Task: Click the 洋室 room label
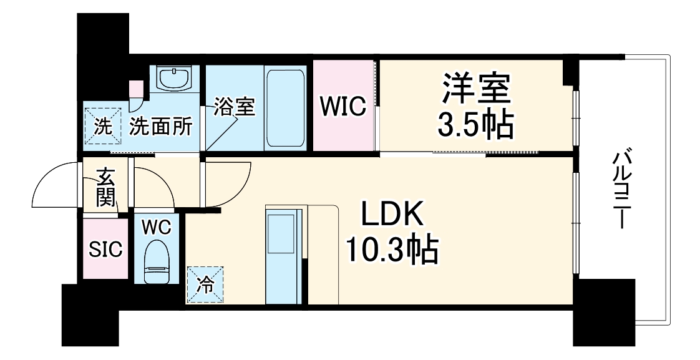click(x=477, y=90)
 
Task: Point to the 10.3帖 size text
click(x=392, y=251)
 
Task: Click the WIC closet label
click(x=343, y=107)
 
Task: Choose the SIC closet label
click(x=105, y=250)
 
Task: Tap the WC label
click(x=155, y=227)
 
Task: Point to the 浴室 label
click(x=234, y=107)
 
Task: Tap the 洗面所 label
click(x=160, y=127)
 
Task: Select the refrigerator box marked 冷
click(x=205, y=285)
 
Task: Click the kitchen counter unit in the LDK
click(x=284, y=256)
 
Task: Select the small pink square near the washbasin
click(x=136, y=88)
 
